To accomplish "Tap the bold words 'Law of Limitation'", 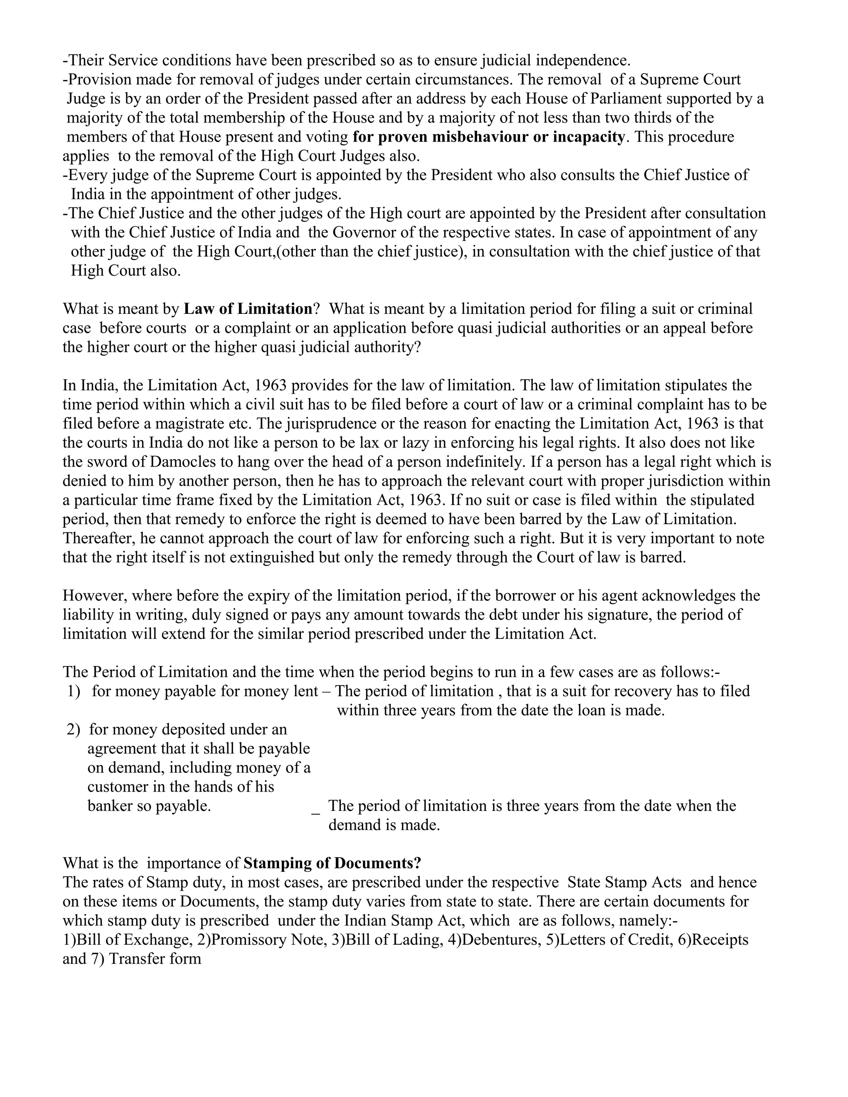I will click(248, 309).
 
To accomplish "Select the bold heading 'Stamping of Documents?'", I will click(332, 864).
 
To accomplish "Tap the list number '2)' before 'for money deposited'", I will click(73, 730).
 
